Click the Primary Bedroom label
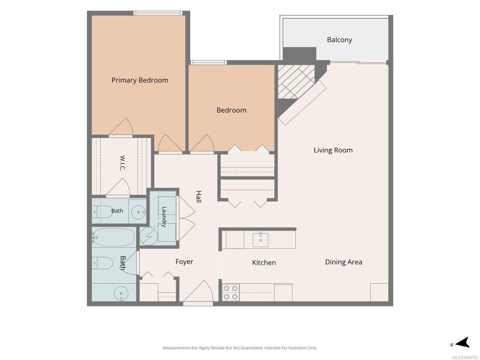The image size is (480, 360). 140,80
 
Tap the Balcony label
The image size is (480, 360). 340,40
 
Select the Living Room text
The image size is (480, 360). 333,150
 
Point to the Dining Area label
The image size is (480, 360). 343,262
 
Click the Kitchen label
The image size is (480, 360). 264,262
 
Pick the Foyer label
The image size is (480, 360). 184,262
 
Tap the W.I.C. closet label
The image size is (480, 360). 122,163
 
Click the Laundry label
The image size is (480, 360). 164,217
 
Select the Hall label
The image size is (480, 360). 199,197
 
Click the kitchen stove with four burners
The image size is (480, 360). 230,292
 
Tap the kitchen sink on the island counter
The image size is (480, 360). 260,239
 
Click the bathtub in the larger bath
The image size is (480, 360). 113,237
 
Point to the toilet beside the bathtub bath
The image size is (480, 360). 103,263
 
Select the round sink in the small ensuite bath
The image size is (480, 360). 139,212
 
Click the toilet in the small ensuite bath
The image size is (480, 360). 102,212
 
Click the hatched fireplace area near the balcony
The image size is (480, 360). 296,82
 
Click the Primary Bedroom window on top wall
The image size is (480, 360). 158,13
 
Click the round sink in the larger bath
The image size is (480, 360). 121,293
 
